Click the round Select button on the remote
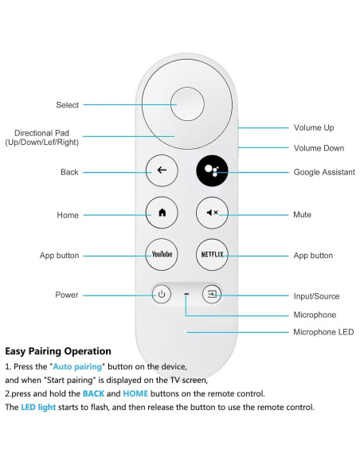coord(186,104)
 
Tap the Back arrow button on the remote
coord(162,170)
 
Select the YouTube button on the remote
coord(162,255)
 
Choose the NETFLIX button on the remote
coord(212,255)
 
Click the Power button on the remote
coord(162,295)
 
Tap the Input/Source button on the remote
coord(212,295)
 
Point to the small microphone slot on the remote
coord(186,295)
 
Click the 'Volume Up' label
coord(314,127)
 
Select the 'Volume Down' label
coord(319,148)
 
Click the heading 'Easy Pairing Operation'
coord(58,351)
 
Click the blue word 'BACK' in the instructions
coord(93,394)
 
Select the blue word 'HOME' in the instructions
coord(135,394)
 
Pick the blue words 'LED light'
coord(38,408)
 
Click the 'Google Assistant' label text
coord(324,171)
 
